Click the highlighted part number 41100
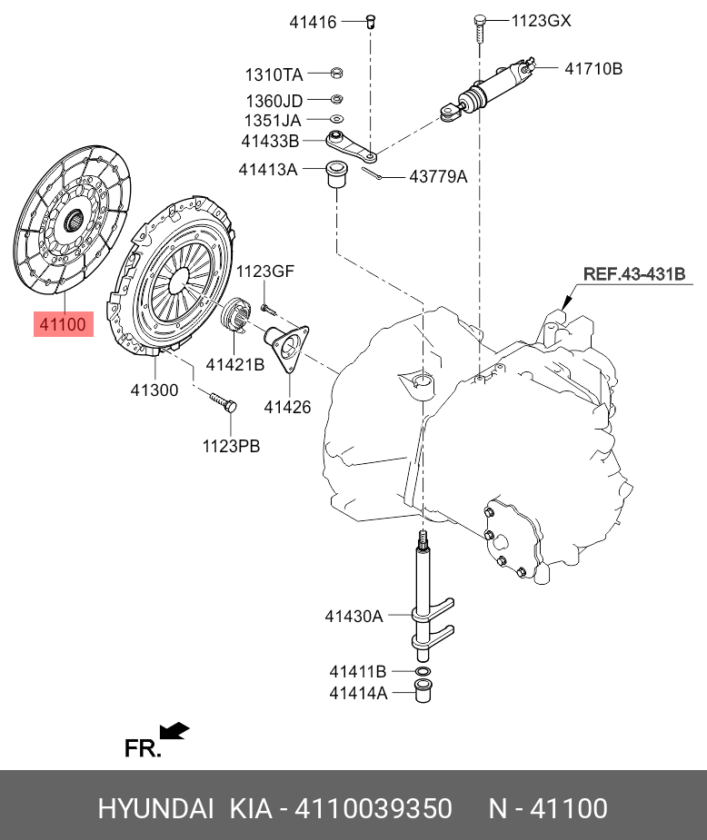pos(64,324)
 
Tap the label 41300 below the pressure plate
pos(154,390)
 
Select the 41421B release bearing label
pos(235,364)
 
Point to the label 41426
pos(287,407)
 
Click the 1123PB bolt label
pos(231,446)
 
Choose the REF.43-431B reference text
pos(634,273)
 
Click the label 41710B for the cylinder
pos(593,69)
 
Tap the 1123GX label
pos(542,21)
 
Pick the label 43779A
pos(438,176)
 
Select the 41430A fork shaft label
pos(353,616)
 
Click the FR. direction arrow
pos(174,731)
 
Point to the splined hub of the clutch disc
pos(74,221)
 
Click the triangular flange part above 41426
pos(287,347)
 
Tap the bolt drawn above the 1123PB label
pos(223,402)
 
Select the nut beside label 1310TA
pos(336,73)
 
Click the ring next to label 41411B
pos(423,671)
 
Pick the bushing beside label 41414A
pos(423,691)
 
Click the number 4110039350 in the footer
pos(373,808)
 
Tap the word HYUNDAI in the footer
pos(155,808)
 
